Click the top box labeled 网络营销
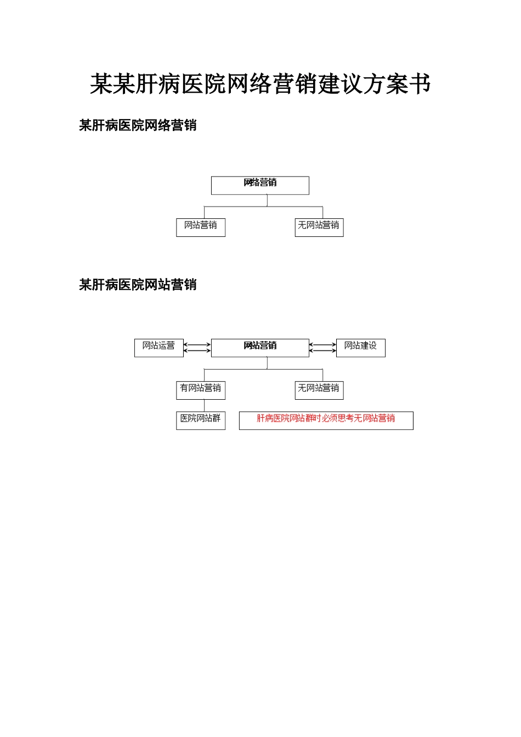pyautogui.click(x=260, y=185)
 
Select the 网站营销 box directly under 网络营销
pyautogui.click(x=200, y=228)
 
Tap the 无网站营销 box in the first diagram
pyautogui.click(x=319, y=228)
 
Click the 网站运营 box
pyautogui.click(x=158, y=348)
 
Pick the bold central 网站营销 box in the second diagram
pyautogui.click(x=260, y=348)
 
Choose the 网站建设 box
pyautogui.click(x=360, y=348)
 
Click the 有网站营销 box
pyautogui.click(x=200, y=390)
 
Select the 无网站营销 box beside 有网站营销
pyautogui.click(x=319, y=390)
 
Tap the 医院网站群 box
pyautogui.click(x=200, y=420)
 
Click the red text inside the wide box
pyautogui.click(x=326, y=418)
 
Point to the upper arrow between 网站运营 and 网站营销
pyautogui.click(x=197, y=345)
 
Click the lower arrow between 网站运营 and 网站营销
pyautogui.click(x=197, y=350)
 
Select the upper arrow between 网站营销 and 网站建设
pyautogui.click(x=322, y=345)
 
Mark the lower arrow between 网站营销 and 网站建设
pyautogui.click(x=322, y=350)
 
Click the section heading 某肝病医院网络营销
pyautogui.click(x=138, y=126)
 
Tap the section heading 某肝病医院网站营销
pyautogui.click(x=138, y=285)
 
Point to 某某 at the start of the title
pyautogui.click(x=112, y=84)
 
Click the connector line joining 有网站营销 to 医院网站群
pyautogui.click(x=205, y=405)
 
